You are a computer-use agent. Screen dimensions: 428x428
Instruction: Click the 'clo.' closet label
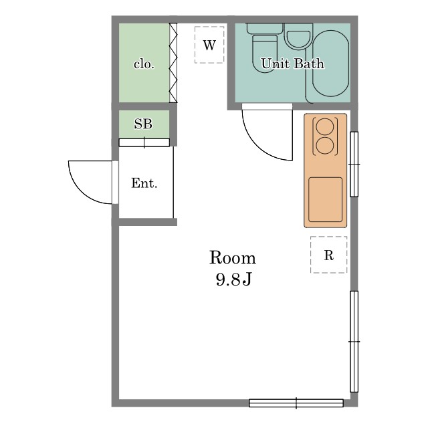pos(144,64)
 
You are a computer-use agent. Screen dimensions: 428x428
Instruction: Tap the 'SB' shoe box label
pos(143,124)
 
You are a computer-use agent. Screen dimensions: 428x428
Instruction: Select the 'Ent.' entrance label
pos(144,183)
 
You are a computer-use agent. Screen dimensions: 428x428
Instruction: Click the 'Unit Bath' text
pos(293,64)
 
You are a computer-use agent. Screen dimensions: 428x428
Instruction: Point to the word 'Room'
pos(233,257)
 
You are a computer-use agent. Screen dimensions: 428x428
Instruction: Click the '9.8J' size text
pos(233,280)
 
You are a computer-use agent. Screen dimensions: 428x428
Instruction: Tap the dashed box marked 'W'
pos(209,45)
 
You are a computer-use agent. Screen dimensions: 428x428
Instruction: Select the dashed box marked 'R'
pos(328,255)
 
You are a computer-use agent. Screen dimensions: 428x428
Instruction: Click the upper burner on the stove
pos(325,126)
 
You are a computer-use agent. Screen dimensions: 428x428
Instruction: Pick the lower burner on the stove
pos(325,146)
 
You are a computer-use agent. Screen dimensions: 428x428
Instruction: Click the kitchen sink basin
pos(326,199)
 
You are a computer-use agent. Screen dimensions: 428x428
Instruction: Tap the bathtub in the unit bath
pos(330,64)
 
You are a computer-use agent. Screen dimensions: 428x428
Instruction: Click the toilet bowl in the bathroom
pos(265,53)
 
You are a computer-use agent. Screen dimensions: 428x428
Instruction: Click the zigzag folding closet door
pos(173,63)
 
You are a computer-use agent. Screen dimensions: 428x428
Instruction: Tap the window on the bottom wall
pos(296,403)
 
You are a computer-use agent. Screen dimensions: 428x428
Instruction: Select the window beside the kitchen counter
pos(354,164)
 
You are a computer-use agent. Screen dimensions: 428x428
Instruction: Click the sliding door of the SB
pos(144,142)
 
